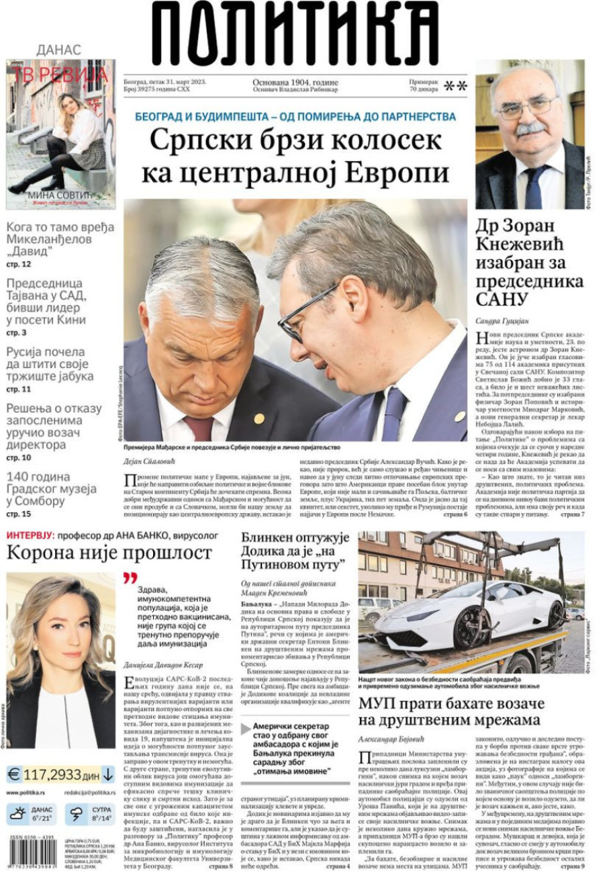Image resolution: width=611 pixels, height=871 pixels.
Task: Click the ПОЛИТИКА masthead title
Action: [x=295, y=34]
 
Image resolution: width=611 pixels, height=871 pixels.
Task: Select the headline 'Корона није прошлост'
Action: [x=109, y=553]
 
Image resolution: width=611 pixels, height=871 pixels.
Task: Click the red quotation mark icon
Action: [x=130, y=578]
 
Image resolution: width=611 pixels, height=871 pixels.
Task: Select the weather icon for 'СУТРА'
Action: [x=78, y=815]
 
